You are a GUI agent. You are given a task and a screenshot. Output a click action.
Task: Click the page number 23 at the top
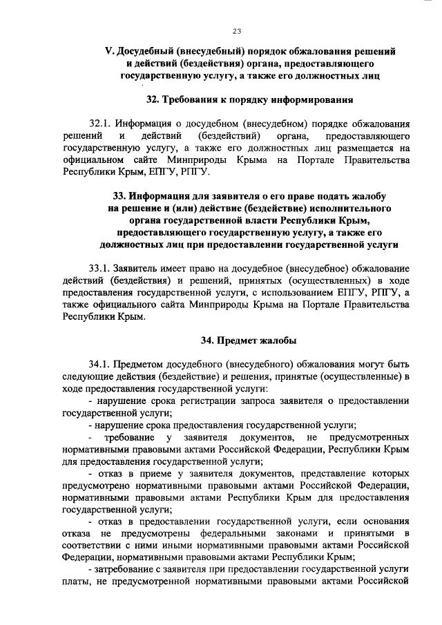point(237,31)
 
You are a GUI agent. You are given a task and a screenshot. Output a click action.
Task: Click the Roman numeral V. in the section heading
point(108,52)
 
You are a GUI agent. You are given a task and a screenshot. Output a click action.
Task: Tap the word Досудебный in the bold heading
point(146,52)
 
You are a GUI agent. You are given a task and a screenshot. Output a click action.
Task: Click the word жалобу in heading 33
point(365,195)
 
